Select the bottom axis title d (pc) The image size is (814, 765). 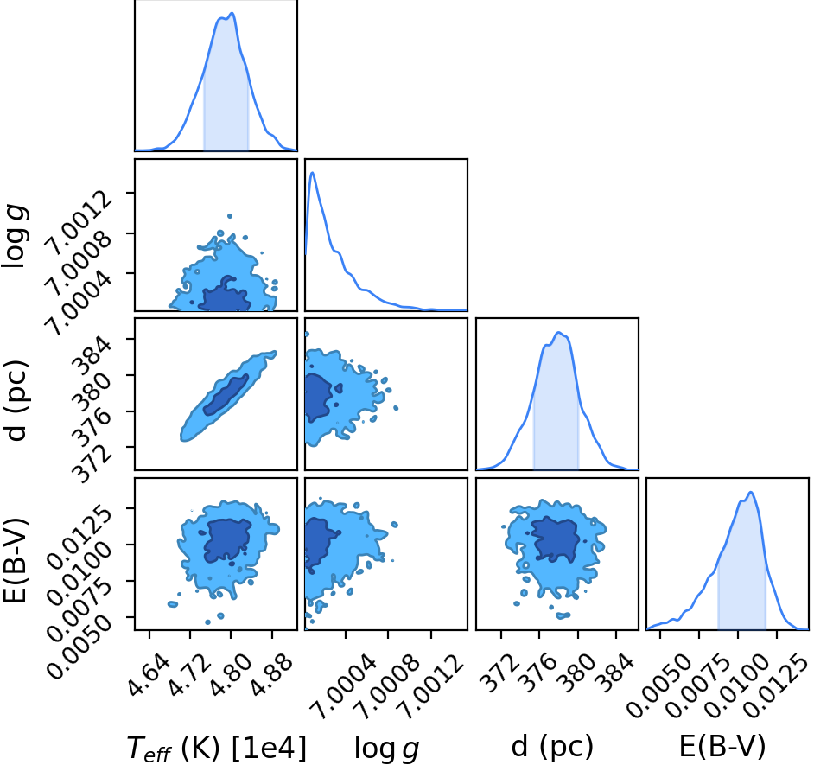[552, 747]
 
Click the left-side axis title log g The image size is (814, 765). [15, 236]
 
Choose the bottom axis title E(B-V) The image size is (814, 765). [722, 747]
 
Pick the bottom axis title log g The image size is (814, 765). [386, 749]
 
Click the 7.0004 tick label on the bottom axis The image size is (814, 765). [346, 686]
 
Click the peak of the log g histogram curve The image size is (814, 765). [313, 172]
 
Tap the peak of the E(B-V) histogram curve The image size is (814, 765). [751, 493]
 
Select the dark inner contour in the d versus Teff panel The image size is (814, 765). [226, 395]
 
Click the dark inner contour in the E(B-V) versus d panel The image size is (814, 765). [555, 539]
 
